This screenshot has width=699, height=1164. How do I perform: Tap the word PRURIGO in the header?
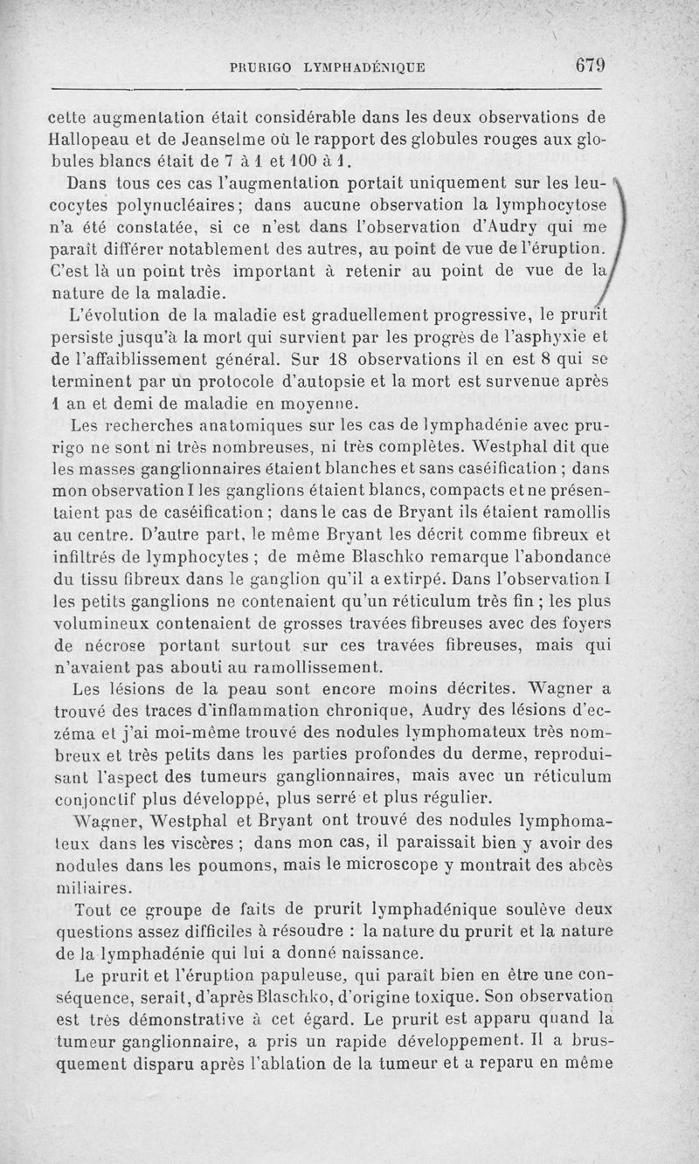coord(259,67)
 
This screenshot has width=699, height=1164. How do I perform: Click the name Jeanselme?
coord(204,140)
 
